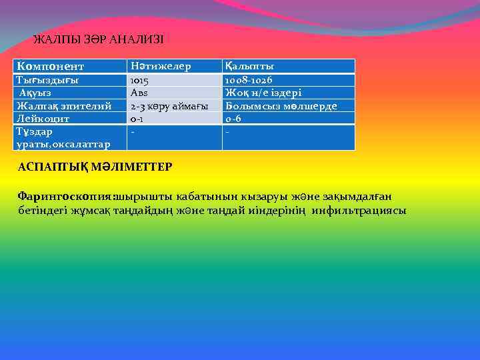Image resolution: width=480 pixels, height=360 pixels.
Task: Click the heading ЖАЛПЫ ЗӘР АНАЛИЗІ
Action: [x=98, y=40]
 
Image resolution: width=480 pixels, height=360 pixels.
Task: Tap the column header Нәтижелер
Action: [x=161, y=67]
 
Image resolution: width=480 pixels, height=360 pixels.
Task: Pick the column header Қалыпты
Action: [x=250, y=67]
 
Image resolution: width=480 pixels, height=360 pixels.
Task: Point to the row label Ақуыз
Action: [x=37, y=93]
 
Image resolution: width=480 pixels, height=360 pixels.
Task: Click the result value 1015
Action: [x=140, y=80]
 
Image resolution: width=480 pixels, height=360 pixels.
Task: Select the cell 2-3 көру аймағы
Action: [x=169, y=106]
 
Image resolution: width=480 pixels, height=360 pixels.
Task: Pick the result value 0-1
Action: [x=137, y=119]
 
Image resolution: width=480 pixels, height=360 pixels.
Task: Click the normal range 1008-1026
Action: [x=249, y=80]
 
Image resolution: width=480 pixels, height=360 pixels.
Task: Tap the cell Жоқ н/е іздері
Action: [x=264, y=93]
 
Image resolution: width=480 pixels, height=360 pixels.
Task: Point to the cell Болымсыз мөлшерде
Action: [x=281, y=106]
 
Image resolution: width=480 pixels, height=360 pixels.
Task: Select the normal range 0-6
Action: [x=233, y=119]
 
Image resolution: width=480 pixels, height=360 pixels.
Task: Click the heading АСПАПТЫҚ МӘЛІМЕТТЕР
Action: [x=95, y=166]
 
